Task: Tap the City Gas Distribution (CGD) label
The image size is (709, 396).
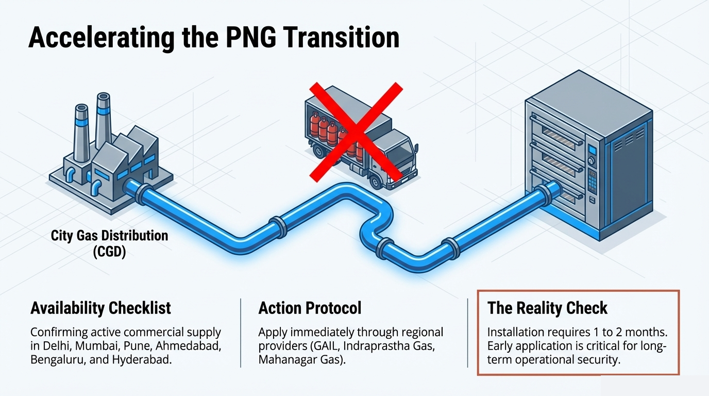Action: pos(109,244)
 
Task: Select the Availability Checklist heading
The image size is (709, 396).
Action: pos(100,308)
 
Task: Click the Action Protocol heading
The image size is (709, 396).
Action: pos(310,308)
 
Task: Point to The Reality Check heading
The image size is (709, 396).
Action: pos(547,308)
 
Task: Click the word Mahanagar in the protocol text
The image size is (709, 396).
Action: pos(285,359)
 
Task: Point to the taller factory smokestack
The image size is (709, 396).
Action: pos(103,121)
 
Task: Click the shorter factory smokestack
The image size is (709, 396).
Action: pos(81,131)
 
